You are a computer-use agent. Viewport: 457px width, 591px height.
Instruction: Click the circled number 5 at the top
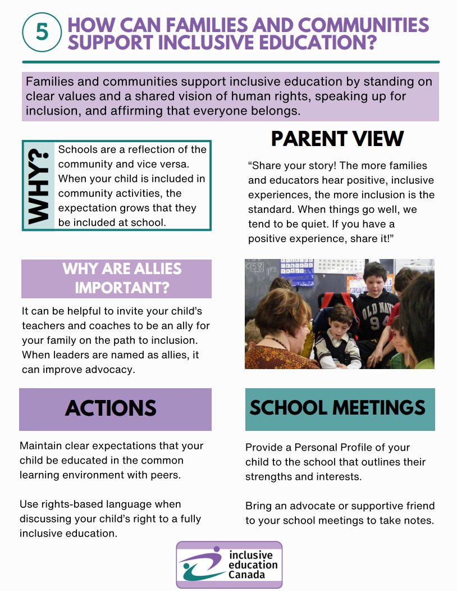pyautogui.click(x=42, y=32)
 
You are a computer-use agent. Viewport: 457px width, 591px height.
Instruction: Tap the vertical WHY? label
pyautogui.click(x=38, y=185)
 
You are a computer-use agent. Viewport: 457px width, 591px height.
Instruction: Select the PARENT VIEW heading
pyautogui.click(x=337, y=139)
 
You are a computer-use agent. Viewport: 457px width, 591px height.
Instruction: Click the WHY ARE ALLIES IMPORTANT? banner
pyautogui.click(x=116, y=278)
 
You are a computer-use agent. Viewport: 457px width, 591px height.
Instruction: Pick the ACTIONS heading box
pyautogui.click(x=115, y=409)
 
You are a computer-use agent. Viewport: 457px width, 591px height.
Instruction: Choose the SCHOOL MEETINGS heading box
pyautogui.click(x=340, y=408)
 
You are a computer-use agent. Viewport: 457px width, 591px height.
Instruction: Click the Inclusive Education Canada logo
pyautogui.click(x=229, y=564)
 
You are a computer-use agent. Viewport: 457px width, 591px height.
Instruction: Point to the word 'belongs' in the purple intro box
pyautogui.click(x=273, y=111)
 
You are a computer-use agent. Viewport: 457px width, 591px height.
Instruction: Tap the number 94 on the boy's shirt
pyautogui.click(x=383, y=322)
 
